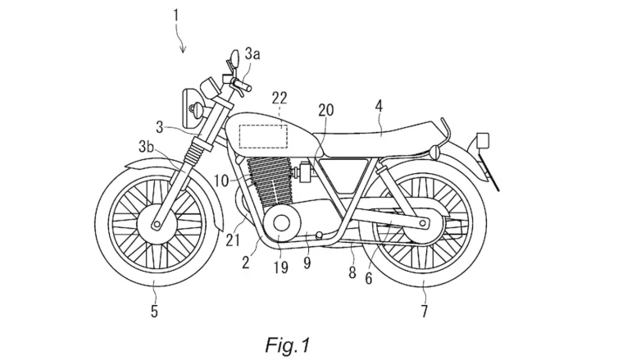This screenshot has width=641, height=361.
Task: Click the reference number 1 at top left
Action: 175,14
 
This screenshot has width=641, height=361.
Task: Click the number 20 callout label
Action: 325,110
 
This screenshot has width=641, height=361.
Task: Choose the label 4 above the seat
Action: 379,105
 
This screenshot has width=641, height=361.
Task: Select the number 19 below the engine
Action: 280,266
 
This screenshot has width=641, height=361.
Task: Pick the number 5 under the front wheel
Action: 153,311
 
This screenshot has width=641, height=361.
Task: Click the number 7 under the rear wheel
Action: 424,311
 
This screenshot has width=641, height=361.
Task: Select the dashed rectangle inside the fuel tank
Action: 263,134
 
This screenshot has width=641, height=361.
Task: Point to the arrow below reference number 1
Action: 183,41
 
